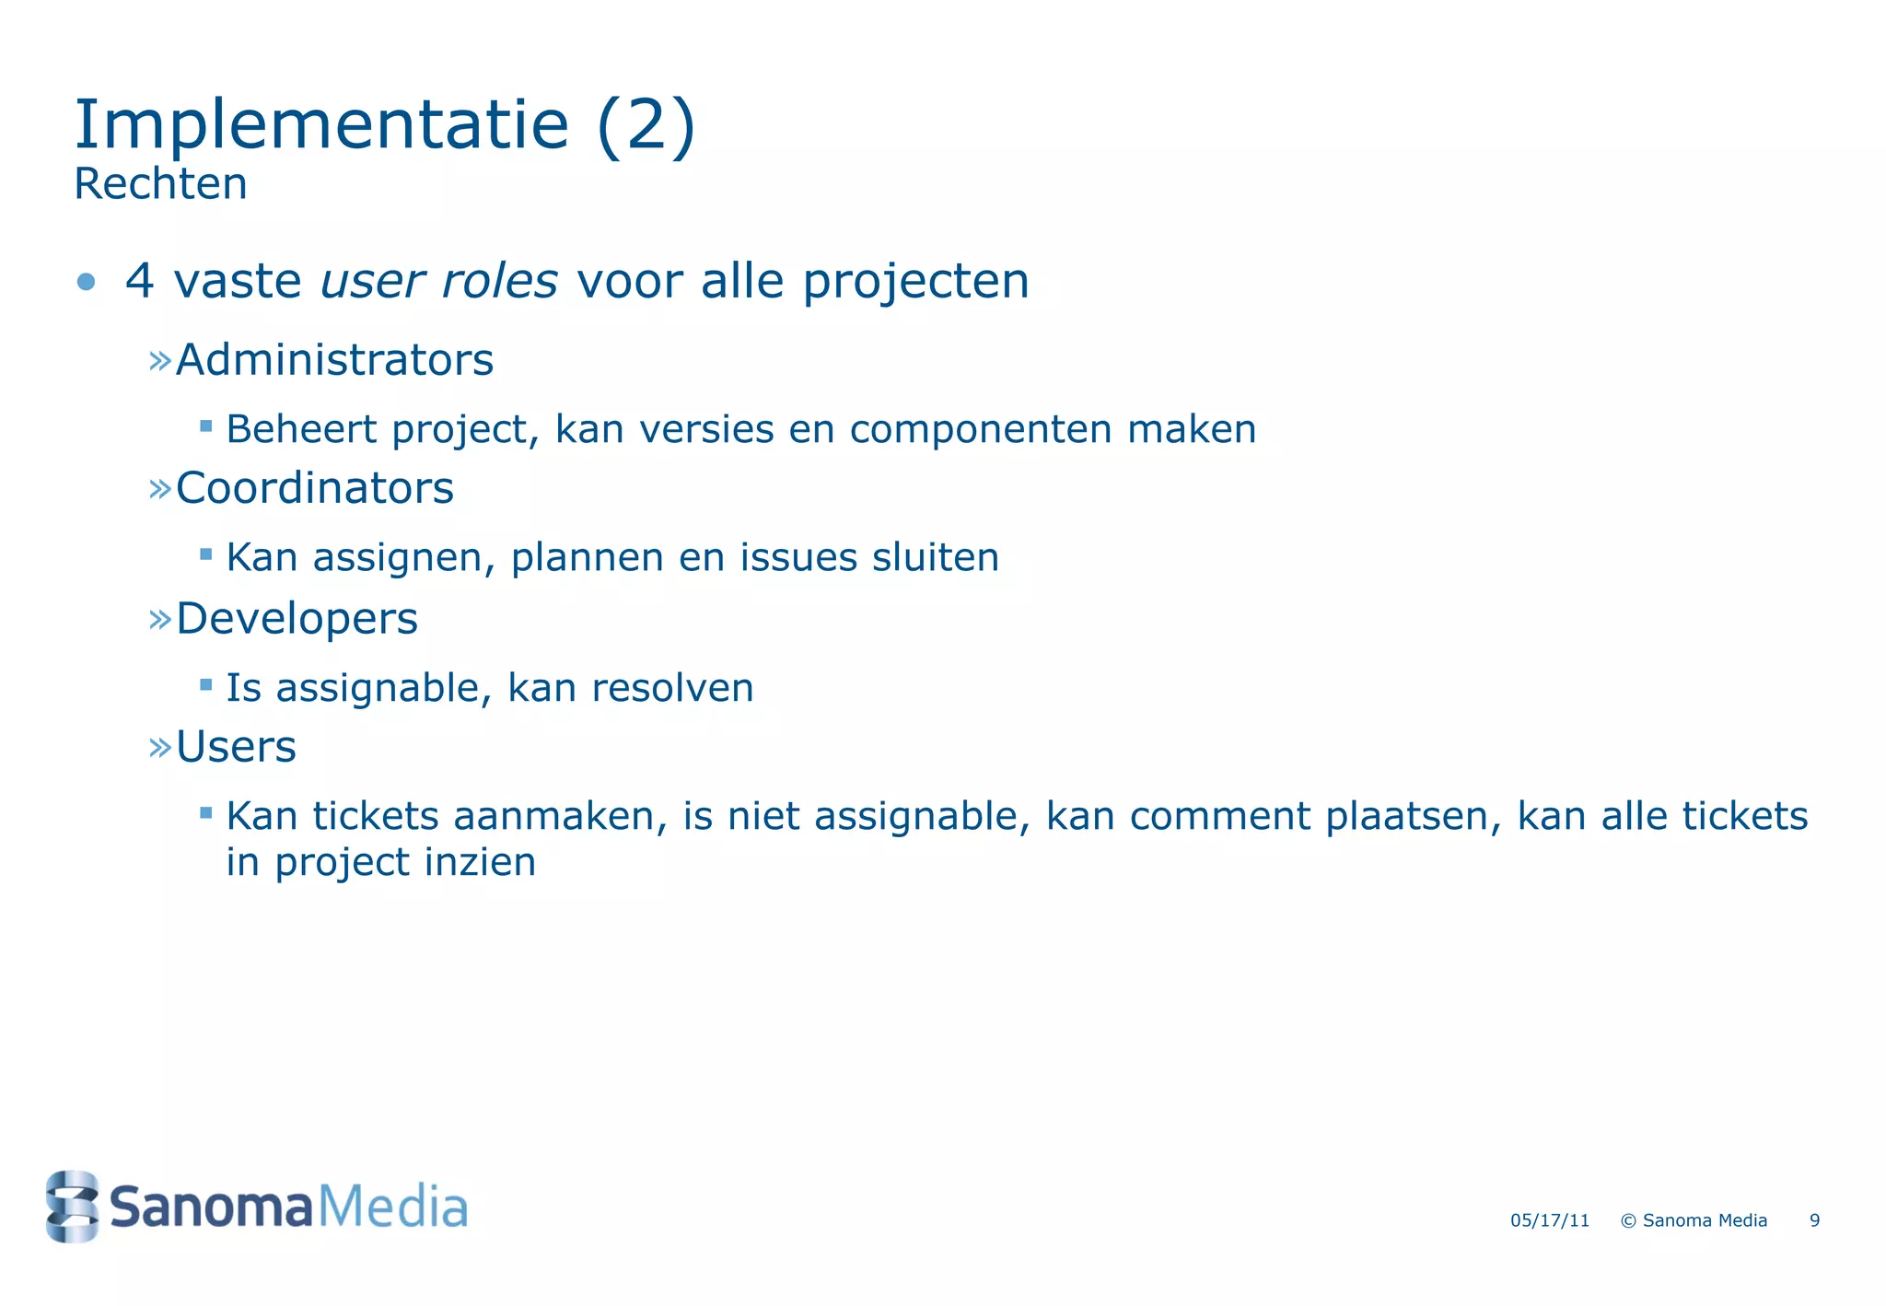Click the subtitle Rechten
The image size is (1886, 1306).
tap(160, 184)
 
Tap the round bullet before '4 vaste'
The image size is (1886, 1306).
tap(87, 281)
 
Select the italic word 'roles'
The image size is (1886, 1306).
tap(499, 281)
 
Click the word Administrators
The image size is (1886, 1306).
tap(334, 360)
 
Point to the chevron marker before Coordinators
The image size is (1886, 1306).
tap(160, 488)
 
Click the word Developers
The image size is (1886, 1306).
tap(297, 618)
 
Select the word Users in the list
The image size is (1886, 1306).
tap(236, 746)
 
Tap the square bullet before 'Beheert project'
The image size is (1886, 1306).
tap(206, 426)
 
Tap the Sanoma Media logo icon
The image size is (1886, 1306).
tap(72, 1207)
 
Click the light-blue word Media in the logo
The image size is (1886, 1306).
tap(392, 1207)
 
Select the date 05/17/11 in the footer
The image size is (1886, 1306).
tap(1549, 1221)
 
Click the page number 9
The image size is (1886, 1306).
tap(1814, 1221)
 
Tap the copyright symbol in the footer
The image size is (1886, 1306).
tap(1627, 1221)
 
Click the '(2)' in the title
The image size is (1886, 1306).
tap(646, 126)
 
